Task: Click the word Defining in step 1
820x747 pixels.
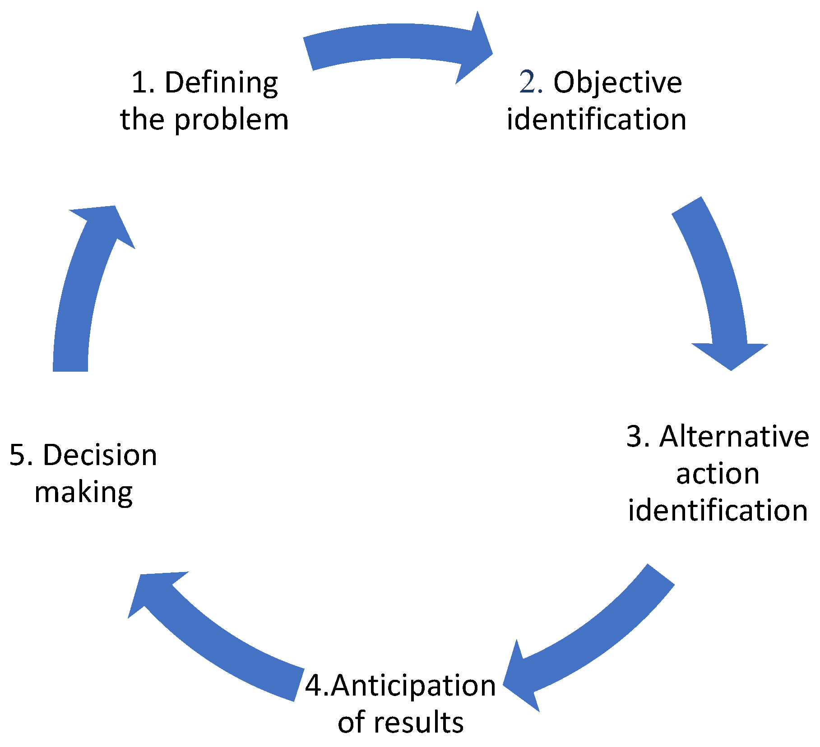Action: pos(221,84)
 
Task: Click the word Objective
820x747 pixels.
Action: pos(617,84)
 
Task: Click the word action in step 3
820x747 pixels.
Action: pos(718,474)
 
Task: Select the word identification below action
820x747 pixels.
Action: pos(718,511)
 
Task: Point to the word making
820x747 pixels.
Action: pos(84,493)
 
